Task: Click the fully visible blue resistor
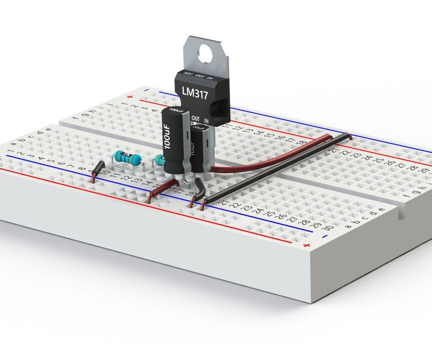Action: point(126,157)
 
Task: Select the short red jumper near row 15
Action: point(162,189)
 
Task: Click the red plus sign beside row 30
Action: point(306,245)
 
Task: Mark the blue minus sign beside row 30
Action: point(325,236)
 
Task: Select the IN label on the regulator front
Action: point(206,121)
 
